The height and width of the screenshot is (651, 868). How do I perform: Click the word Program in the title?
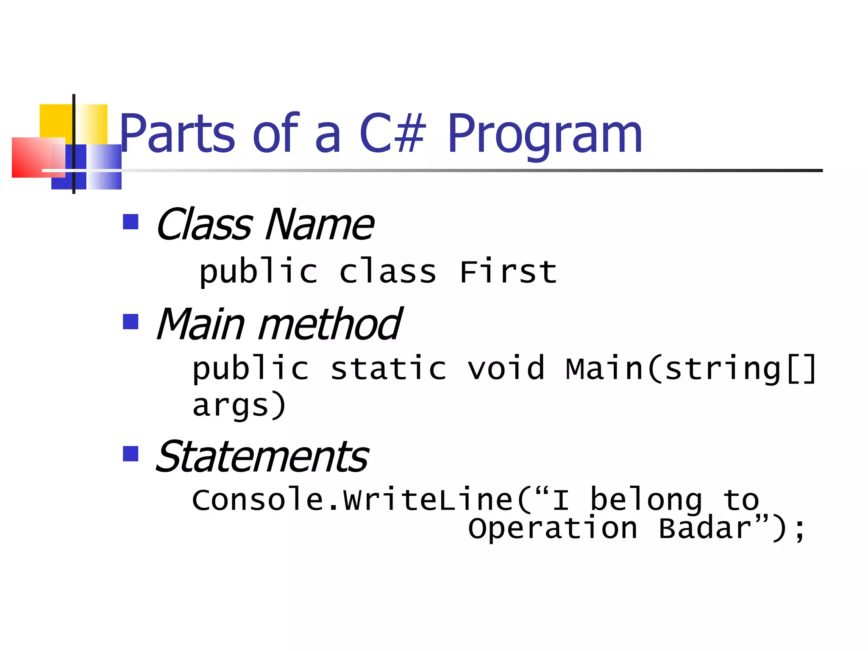pyautogui.click(x=545, y=135)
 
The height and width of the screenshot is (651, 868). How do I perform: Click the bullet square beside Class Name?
pyautogui.click(x=131, y=222)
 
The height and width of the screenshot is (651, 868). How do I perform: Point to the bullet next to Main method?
pyautogui.click(x=131, y=322)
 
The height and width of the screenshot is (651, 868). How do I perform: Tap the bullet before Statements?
pyautogui.click(x=131, y=453)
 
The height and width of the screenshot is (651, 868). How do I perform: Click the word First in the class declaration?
pyautogui.click(x=508, y=272)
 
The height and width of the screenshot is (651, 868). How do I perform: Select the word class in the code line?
pyautogui.click(x=387, y=272)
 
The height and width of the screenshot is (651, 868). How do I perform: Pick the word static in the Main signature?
pyautogui.click(x=388, y=368)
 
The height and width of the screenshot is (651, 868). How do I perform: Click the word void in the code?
pyautogui.click(x=506, y=368)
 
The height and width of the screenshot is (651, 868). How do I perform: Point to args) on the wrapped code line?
pyautogui.click(x=239, y=406)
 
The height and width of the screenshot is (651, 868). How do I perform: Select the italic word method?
pyautogui.click(x=329, y=325)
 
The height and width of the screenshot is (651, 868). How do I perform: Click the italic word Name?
pyautogui.click(x=319, y=225)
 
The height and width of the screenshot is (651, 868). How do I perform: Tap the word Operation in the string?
pyautogui.click(x=553, y=529)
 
